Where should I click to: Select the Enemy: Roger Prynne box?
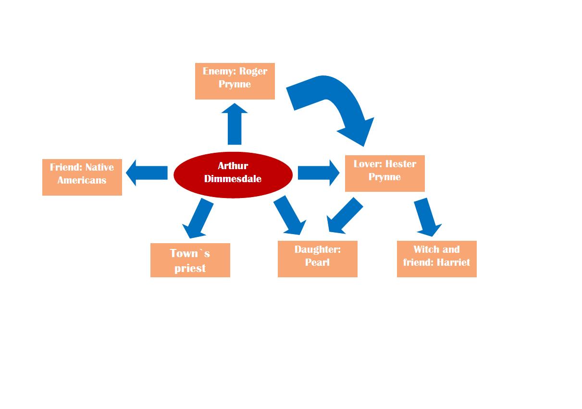click(x=235, y=81)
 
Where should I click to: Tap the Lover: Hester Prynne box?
click(x=384, y=173)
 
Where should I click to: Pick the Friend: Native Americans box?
click(x=82, y=177)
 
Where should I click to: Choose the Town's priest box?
click(x=190, y=260)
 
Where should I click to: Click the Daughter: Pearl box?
click(x=317, y=259)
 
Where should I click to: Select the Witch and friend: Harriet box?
click(x=436, y=259)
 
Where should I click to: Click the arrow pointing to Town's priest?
click(x=198, y=219)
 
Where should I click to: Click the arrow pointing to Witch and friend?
click(x=426, y=216)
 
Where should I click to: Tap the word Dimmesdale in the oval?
click(x=233, y=179)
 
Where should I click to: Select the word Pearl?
click(x=317, y=262)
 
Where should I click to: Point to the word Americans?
click(x=82, y=180)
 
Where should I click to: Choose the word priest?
click(x=190, y=268)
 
